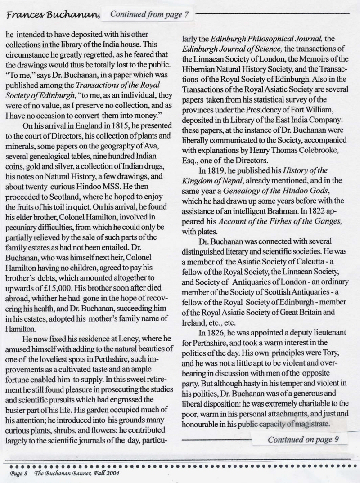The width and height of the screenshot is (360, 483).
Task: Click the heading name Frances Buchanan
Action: [53, 15]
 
